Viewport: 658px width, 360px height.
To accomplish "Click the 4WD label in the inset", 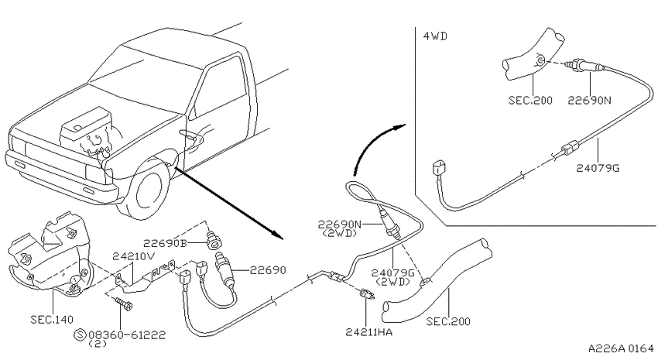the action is pyautogui.click(x=435, y=36).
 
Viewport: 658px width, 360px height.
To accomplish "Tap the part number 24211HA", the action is pyautogui.click(x=368, y=332).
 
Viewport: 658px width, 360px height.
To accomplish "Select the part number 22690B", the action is pyautogui.click(x=164, y=243).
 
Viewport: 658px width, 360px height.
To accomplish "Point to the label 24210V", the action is pyautogui.click(x=133, y=256).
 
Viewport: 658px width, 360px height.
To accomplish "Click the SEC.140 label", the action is pyautogui.click(x=52, y=319).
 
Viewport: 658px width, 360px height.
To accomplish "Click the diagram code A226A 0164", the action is pyautogui.click(x=621, y=348).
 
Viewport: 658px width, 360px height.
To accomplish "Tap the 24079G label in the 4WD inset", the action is pyautogui.click(x=598, y=168).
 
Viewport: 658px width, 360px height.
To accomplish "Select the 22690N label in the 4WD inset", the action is pyautogui.click(x=589, y=101).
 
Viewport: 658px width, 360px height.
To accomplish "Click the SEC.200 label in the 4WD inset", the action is pyautogui.click(x=530, y=101).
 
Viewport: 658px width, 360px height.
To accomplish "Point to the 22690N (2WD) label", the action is pyautogui.click(x=339, y=228).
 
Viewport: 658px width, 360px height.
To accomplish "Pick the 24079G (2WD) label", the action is pyautogui.click(x=392, y=277).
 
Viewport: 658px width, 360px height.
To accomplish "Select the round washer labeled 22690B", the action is pyautogui.click(x=215, y=242).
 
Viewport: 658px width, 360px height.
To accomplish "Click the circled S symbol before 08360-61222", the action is pyautogui.click(x=79, y=334).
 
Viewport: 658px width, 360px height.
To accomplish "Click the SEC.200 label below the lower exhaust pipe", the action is pyautogui.click(x=448, y=322).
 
